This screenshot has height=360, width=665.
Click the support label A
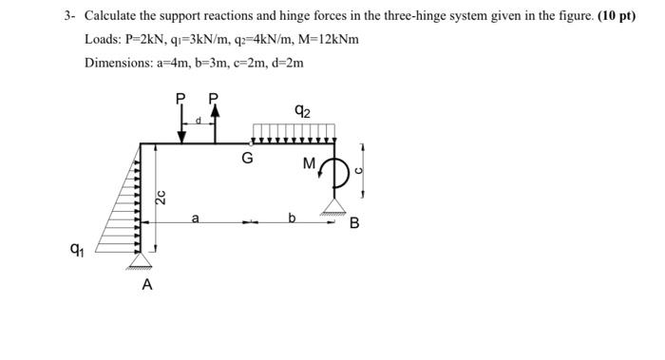146,284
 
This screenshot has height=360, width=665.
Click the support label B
354,224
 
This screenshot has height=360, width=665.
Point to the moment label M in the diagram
309,164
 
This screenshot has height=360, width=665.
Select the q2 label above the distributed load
302,111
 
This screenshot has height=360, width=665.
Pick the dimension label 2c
162,199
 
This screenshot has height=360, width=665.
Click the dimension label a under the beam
195,218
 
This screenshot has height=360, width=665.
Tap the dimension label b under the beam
293,218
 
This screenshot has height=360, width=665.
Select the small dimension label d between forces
198,121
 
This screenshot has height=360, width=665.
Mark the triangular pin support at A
142,257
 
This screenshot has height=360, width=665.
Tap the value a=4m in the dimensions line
186,63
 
